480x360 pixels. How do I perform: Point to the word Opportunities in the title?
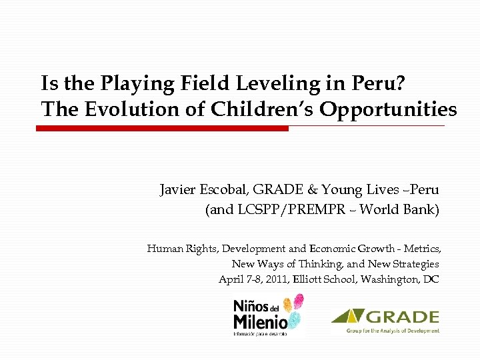[x=388, y=109]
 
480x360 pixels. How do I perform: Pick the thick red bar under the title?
[x=163, y=128]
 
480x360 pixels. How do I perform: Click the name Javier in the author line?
[x=178, y=190]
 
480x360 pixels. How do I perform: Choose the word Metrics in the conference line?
[x=421, y=249]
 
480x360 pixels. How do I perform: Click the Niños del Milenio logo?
[x=267, y=315]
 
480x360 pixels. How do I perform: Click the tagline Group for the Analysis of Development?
[x=393, y=330]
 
